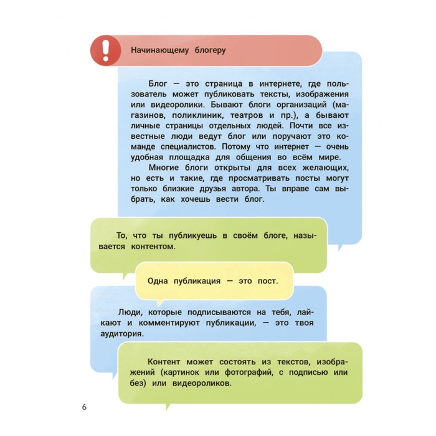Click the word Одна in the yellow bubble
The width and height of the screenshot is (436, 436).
click(x=158, y=280)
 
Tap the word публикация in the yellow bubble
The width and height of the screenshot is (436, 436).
click(x=198, y=280)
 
